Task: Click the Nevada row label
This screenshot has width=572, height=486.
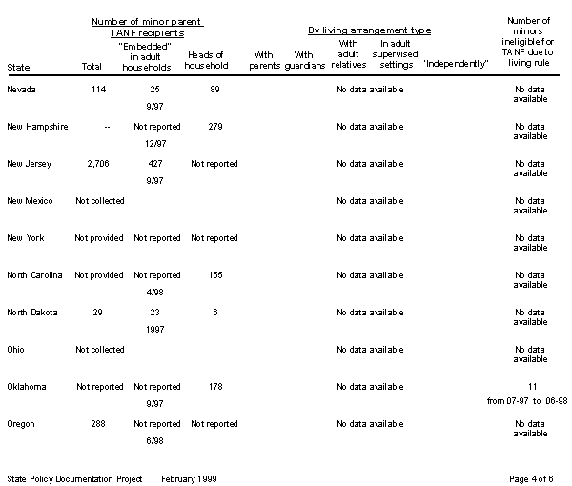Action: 22,90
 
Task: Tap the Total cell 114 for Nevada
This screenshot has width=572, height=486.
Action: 98,90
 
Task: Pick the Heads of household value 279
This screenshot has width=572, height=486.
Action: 214,127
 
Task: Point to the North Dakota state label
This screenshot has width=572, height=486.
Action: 33,313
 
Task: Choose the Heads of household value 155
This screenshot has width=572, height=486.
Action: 214,275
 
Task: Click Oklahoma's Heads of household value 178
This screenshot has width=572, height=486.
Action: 214,387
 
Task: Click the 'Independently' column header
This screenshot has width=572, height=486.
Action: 456,64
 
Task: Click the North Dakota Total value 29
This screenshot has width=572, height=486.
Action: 98,313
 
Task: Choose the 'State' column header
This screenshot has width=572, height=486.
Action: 18,68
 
